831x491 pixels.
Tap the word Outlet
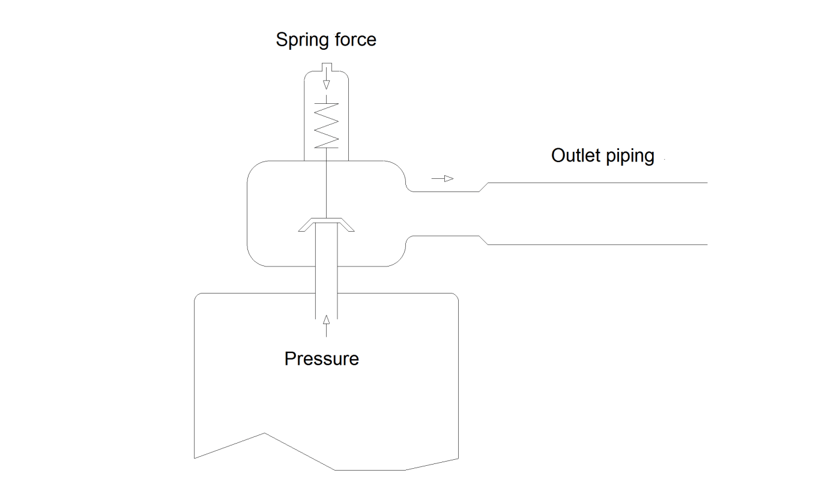(x=575, y=155)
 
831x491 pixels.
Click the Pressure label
(x=321, y=358)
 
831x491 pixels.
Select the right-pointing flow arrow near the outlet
(x=442, y=178)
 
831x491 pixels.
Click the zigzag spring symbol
(x=326, y=125)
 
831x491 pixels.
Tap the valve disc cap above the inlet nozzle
(x=326, y=223)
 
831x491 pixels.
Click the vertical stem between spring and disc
(x=326, y=183)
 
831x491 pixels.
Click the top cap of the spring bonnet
(x=326, y=73)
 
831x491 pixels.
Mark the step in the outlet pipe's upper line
(x=483, y=187)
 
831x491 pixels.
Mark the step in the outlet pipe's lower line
(x=483, y=240)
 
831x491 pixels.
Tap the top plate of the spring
(x=326, y=103)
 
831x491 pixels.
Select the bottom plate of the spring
(x=326, y=147)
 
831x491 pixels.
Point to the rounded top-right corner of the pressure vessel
(x=455, y=297)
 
